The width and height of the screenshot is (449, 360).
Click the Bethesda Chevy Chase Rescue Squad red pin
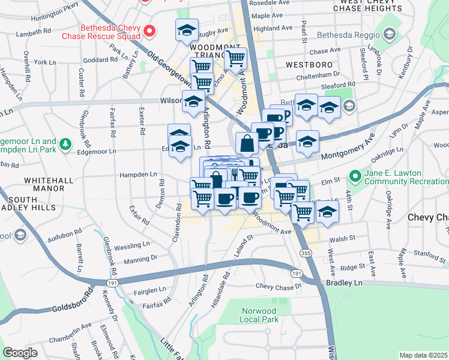click(x=151, y=29)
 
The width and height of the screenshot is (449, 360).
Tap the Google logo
click(x=20, y=352)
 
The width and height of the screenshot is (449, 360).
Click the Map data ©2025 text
click(x=423, y=355)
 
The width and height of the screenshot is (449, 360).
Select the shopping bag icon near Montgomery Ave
click(x=247, y=144)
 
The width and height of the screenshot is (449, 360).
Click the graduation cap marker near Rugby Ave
click(x=187, y=30)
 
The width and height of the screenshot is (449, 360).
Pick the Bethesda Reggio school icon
click(x=390, y=35)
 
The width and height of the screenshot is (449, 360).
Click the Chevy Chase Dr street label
click(x=279, y=286)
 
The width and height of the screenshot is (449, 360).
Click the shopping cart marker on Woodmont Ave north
click(x=236, y=58)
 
